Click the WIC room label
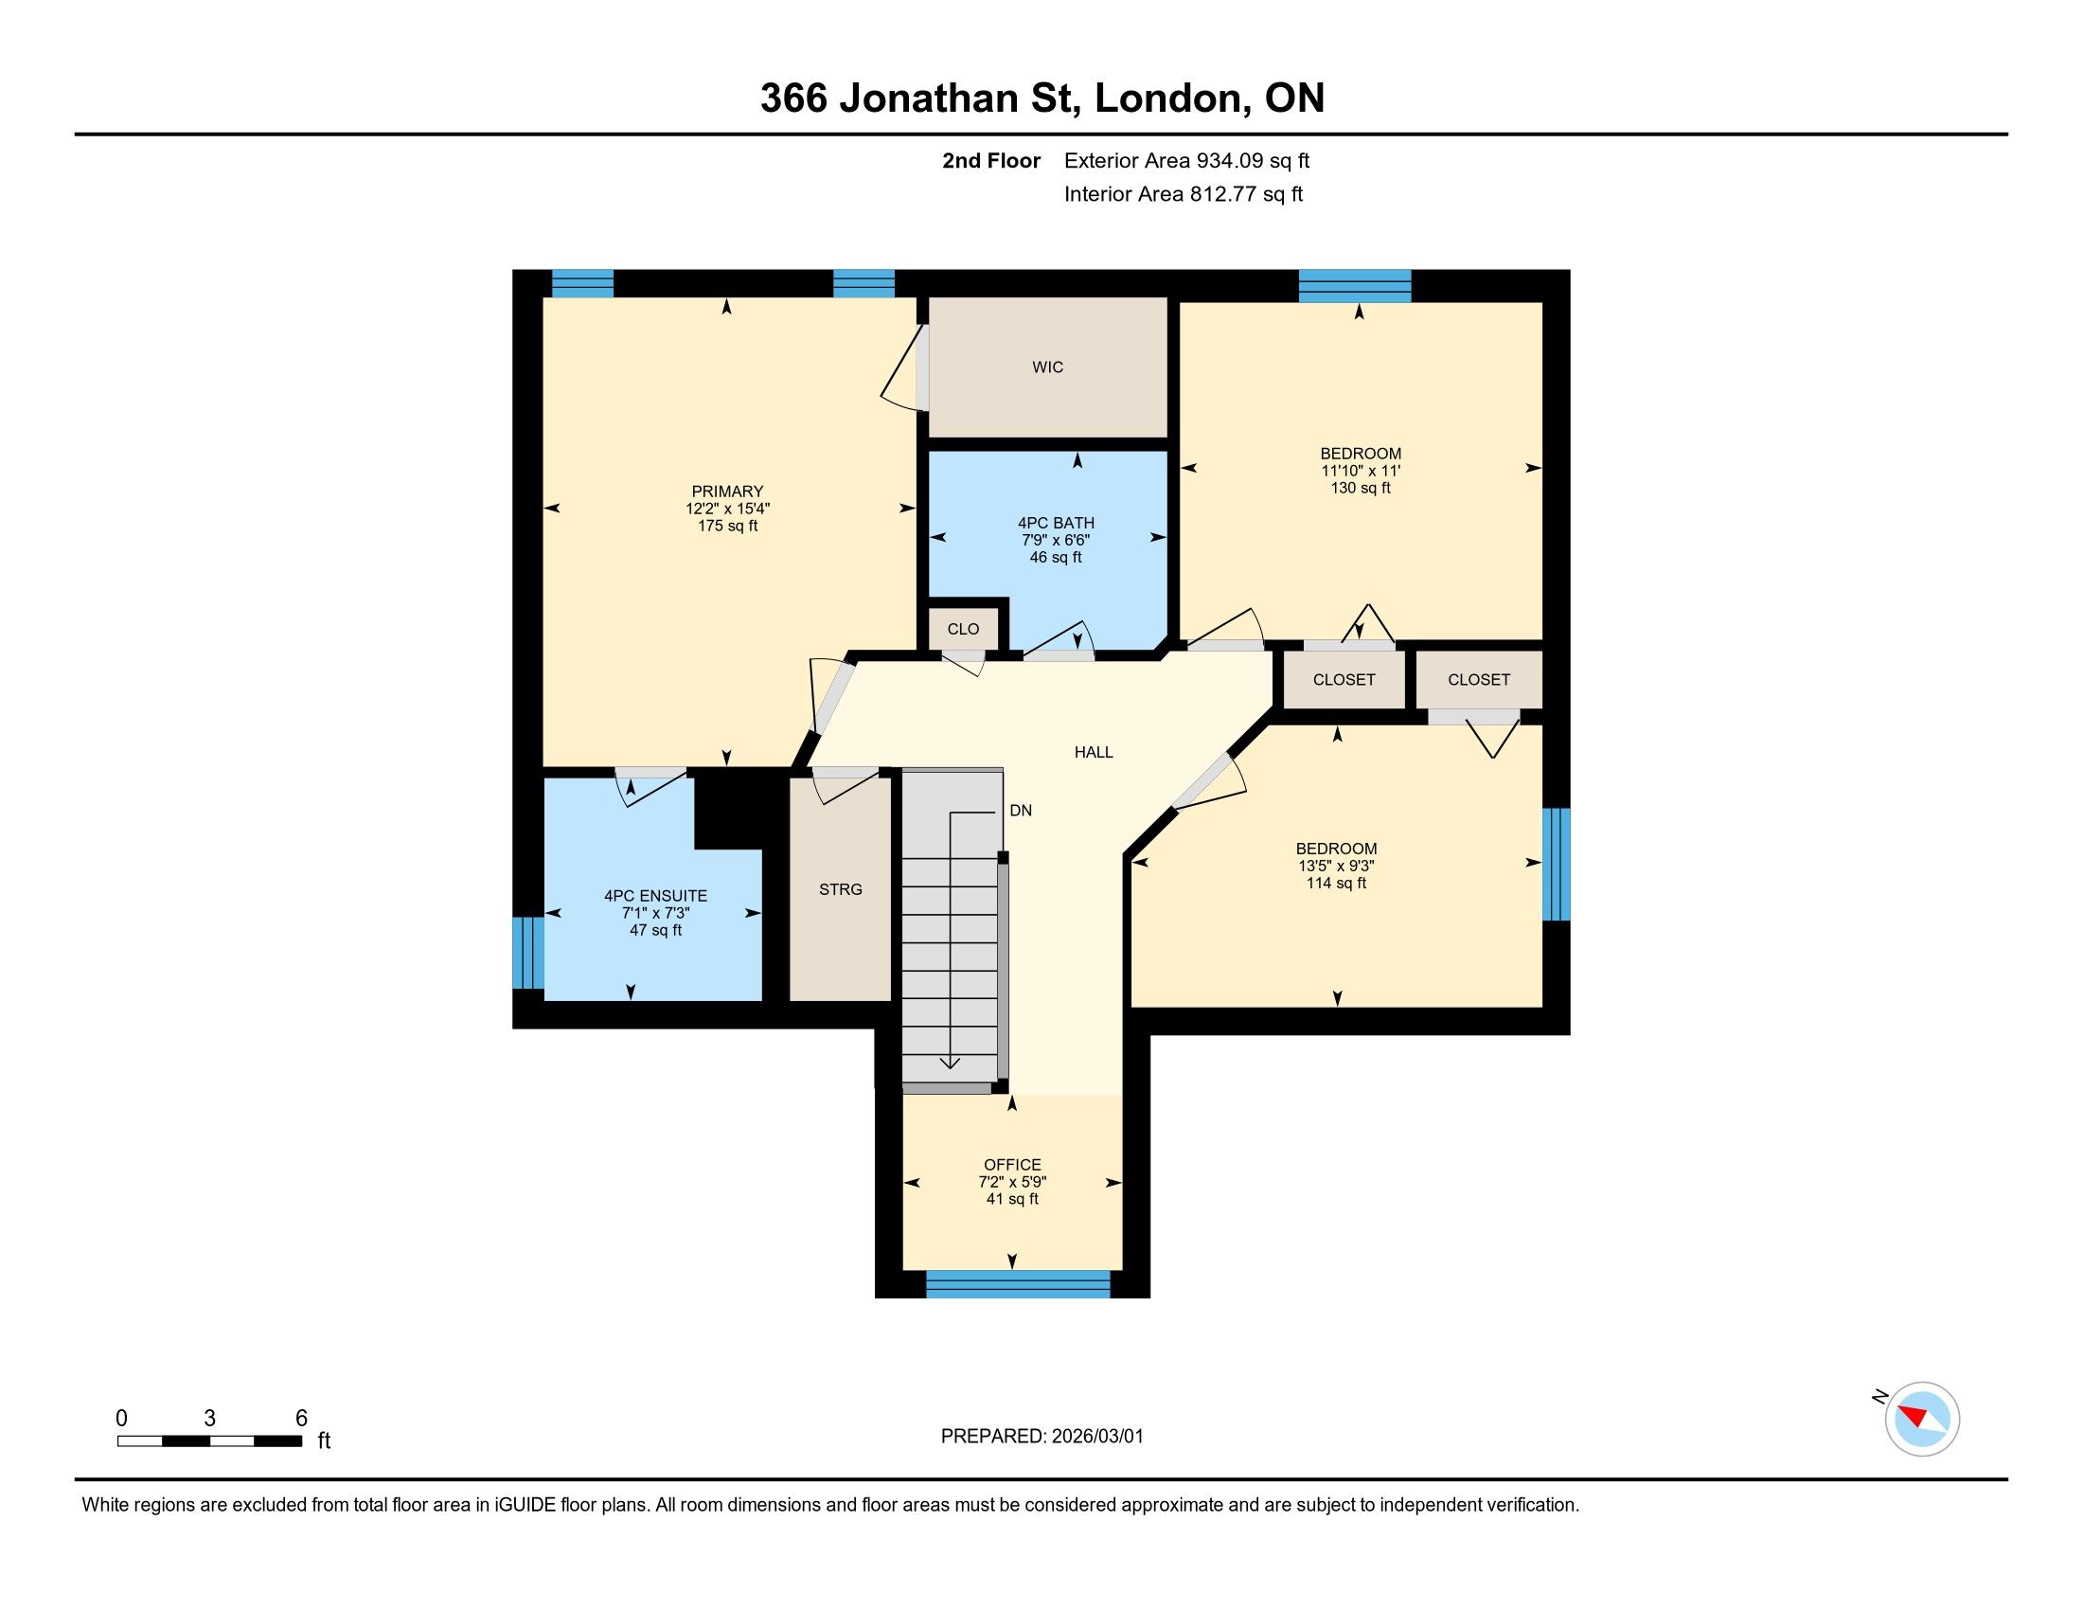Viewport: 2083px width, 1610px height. (1047, 367)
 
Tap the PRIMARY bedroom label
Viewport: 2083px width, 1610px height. (728, 492)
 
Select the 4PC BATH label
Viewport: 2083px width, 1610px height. (1056, 523)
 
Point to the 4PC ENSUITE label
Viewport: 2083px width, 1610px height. (655, 897)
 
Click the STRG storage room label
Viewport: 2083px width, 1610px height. (840, 889)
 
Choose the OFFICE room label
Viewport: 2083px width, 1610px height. (1013, 1165)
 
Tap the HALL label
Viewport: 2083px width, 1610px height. (1094, 753)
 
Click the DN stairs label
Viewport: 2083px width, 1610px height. (1021, 811)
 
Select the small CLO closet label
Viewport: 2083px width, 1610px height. (963, 630)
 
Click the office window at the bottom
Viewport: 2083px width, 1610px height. (1019, 1284)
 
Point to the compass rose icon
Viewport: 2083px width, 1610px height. (1922, 1420)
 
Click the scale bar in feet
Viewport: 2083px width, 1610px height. (210, 1441)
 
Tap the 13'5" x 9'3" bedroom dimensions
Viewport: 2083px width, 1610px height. (1336, 866)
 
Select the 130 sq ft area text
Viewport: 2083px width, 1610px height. (1361, 489)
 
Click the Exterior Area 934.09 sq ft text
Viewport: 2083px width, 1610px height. (1187, 161)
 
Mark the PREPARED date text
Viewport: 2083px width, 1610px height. (1042, 1437)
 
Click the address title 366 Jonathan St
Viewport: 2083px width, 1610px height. (921, 98)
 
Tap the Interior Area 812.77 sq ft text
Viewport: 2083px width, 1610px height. (1184, 194)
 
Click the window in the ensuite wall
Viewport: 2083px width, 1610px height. (528, 953)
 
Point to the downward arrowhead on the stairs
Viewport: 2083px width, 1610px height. (951, 1064)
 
